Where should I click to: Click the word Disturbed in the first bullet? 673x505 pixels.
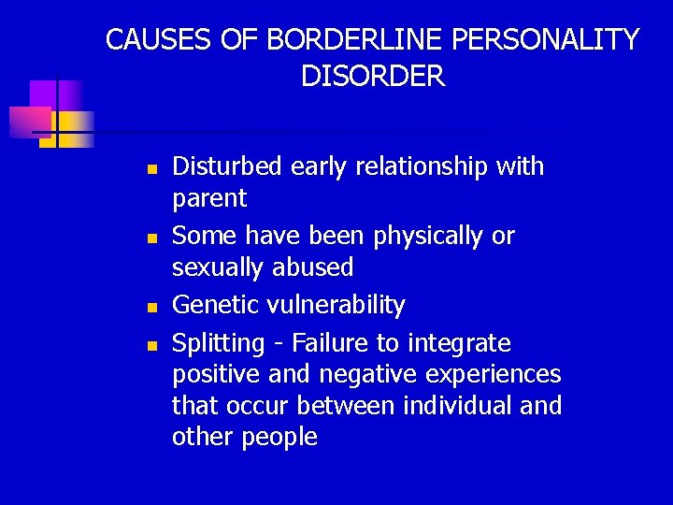click(x=227, y=166)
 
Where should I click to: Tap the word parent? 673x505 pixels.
click(x=209, y=199)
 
